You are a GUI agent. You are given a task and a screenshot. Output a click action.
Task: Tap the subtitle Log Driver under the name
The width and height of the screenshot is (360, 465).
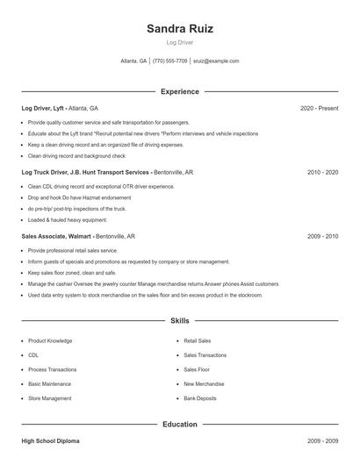(179, 42)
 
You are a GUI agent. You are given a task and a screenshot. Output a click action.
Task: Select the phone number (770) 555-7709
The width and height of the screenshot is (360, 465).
(169, 61)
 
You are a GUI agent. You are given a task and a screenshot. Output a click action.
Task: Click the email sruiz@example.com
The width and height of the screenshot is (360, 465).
(215, 61)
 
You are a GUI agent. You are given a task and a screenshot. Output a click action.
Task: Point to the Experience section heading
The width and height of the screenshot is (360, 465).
(179, 91)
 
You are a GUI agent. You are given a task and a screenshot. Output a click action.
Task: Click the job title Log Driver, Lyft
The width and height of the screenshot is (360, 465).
(43, 109)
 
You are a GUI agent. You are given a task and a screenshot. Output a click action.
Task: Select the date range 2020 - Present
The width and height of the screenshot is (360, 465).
(319, 109)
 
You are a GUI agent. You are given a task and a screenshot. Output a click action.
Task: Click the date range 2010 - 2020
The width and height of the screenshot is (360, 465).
(322, 173)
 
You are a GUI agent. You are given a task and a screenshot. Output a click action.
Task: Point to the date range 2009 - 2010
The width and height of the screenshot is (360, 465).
(322, 237)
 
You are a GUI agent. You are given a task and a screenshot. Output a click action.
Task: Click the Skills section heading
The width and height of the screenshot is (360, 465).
(179, 321)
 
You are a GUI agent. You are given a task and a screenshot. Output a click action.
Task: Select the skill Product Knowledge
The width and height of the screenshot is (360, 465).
(50, 340)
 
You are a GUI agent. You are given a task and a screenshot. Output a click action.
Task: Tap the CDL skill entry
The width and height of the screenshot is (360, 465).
(33, 355)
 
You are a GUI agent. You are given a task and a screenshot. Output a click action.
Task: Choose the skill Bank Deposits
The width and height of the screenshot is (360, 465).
(200, 398)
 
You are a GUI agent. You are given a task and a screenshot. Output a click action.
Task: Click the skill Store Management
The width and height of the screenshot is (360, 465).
(50, 398)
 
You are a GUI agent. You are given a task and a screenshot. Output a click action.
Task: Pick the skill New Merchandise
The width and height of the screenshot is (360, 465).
(203, 383)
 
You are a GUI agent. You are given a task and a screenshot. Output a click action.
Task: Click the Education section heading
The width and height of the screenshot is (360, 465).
(179, 425)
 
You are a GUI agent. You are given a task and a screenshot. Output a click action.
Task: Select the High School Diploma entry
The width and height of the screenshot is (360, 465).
(50, 441)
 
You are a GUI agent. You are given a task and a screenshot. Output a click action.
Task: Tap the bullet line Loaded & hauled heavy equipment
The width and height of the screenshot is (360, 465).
(68, 219)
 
